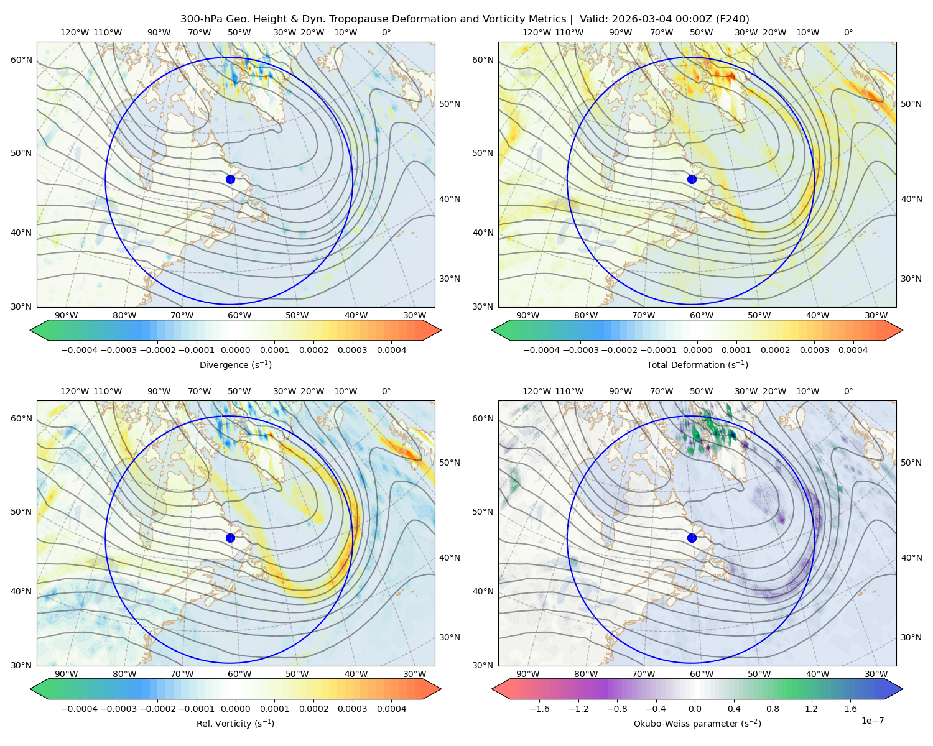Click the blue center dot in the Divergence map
click(230, 179)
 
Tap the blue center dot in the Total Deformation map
click(692, 179)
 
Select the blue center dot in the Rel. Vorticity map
click(230, 538)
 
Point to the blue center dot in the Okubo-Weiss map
click(692, 538)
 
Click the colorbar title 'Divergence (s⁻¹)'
click(235, 364)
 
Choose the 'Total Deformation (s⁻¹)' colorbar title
click(697, 364)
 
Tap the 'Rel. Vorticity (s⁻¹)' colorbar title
click(235, 723)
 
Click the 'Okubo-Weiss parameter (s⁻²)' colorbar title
click(697, 723)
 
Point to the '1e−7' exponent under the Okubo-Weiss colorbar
click(872, 721)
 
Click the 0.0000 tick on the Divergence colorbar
click(235, 350)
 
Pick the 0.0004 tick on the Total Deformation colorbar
click(853, 350)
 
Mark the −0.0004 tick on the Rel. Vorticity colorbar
click(80, 709)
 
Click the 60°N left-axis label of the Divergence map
click(21, 60)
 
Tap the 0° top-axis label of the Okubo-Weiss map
click(848, 391)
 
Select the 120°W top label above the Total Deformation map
click(537, 32)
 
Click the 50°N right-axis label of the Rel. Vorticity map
click(450, 463)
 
